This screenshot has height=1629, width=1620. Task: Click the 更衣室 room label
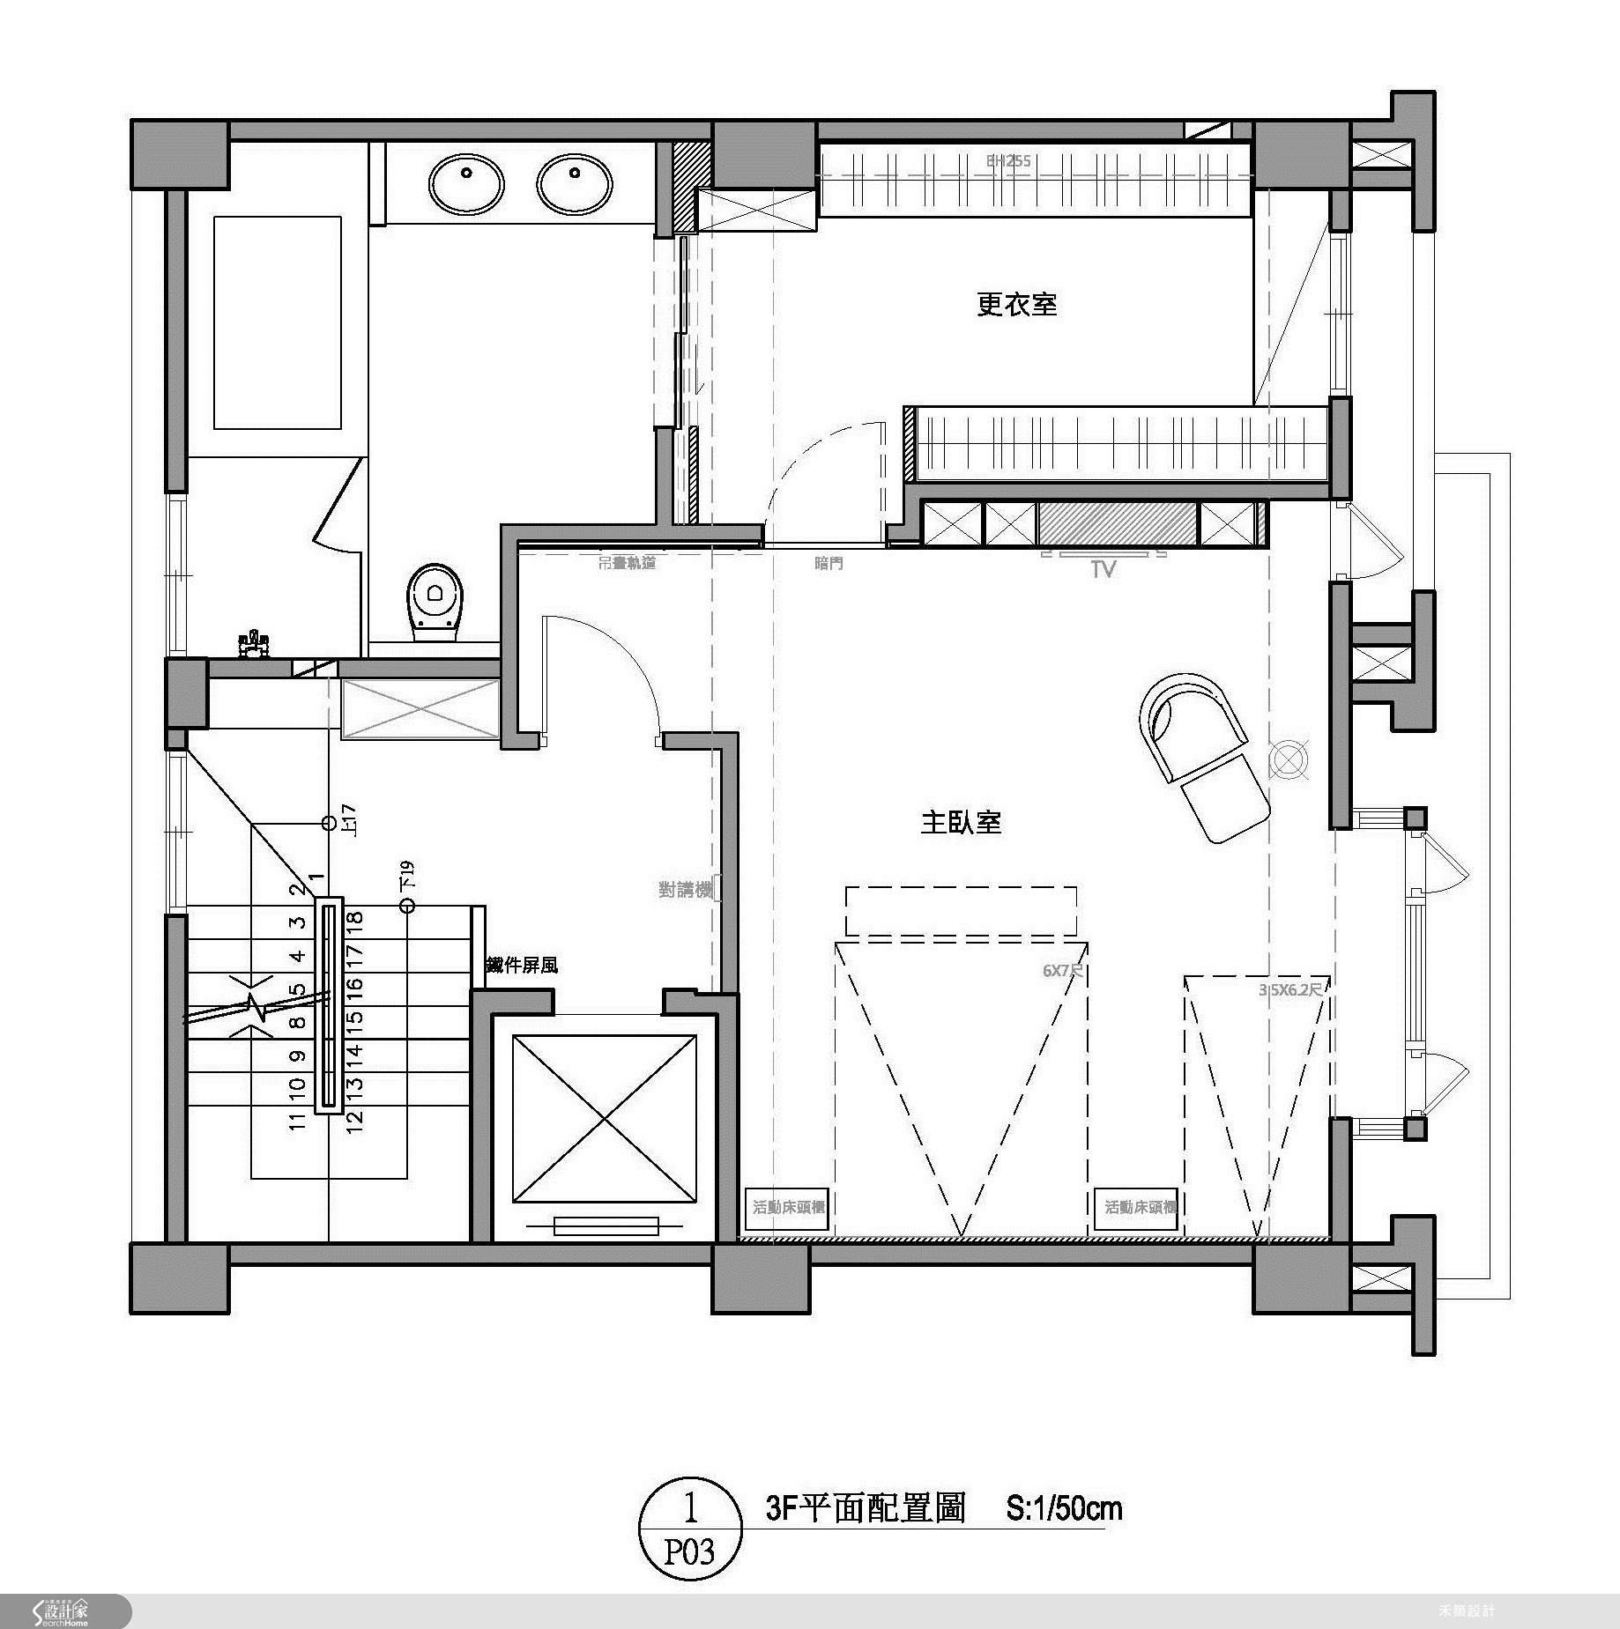(1016, 305)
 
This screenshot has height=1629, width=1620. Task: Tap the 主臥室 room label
(961, 823)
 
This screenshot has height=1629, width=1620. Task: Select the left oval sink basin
(466, 185)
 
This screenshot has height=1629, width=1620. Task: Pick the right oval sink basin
(574, 185)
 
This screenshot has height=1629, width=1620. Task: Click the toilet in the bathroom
(435, 602)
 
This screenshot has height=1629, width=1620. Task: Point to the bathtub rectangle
(278, 323)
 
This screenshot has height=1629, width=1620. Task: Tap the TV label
(1104, 568)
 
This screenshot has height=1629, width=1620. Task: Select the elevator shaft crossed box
(604, 1118)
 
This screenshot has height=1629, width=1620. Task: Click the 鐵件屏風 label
(522, 966)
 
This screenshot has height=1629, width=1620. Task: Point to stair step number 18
(354, 919)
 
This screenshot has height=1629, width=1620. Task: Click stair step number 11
(297, 1121)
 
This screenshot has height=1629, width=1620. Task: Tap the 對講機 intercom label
(685, 890)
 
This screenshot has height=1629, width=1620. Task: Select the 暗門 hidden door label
(829, 563)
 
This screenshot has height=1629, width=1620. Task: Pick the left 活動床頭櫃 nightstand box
(788, 1206)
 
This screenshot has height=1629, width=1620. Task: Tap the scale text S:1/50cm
(1065, 1508)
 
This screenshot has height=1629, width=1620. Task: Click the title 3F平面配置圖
(866, 1508)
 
